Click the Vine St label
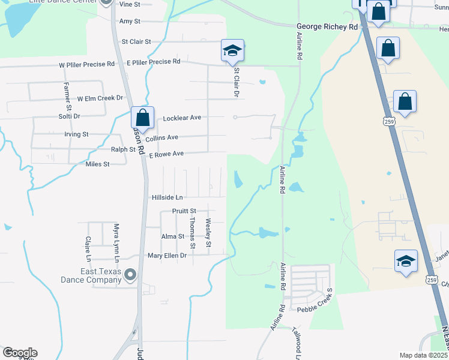(x=130, y=4)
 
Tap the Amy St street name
(x=130, y=21)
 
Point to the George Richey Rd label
(x=327, y=27)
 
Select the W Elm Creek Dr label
(x=100, y=98)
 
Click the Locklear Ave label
(x=182, y=118)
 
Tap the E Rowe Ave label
(x=166, y=154)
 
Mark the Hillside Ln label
(x=167, y=197)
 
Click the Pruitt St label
(x=184, y=211)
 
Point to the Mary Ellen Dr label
(x=167, y=255)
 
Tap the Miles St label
(x=98, y=164)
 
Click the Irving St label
(x=76, y=134)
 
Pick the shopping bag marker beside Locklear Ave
(x=142, y=116)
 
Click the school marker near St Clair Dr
(x=232, y=51)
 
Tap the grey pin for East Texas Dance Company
(x=130, y=275)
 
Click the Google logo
(x=20, y=353)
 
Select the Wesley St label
(x=208, y=233)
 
